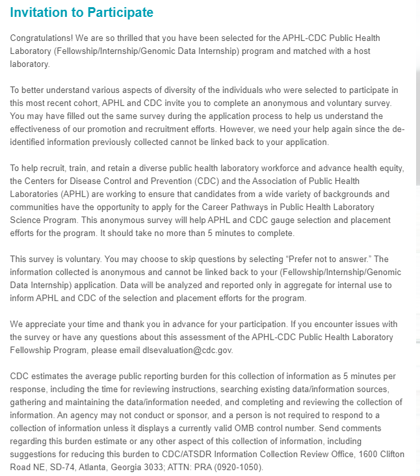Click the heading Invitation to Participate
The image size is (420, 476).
(81, 12)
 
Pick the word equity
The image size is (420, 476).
(390, 168)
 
